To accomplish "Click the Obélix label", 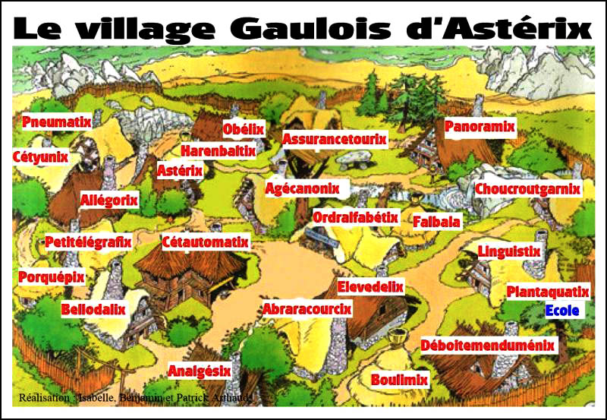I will [244, 128].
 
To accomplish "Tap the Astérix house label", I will [180, 171].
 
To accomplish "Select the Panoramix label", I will [480, 126].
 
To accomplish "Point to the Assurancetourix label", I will [335, 139].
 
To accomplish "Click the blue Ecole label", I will [562, 311].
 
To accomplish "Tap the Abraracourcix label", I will [307, 309].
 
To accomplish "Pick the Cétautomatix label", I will [206, 242].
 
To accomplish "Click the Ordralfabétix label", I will [356, 217].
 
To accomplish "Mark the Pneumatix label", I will [57, 122].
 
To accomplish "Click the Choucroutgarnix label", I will [528, 188].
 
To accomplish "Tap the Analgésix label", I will [199, 371].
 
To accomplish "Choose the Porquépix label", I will [52, 277].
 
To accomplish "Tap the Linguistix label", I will [509, 251].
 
